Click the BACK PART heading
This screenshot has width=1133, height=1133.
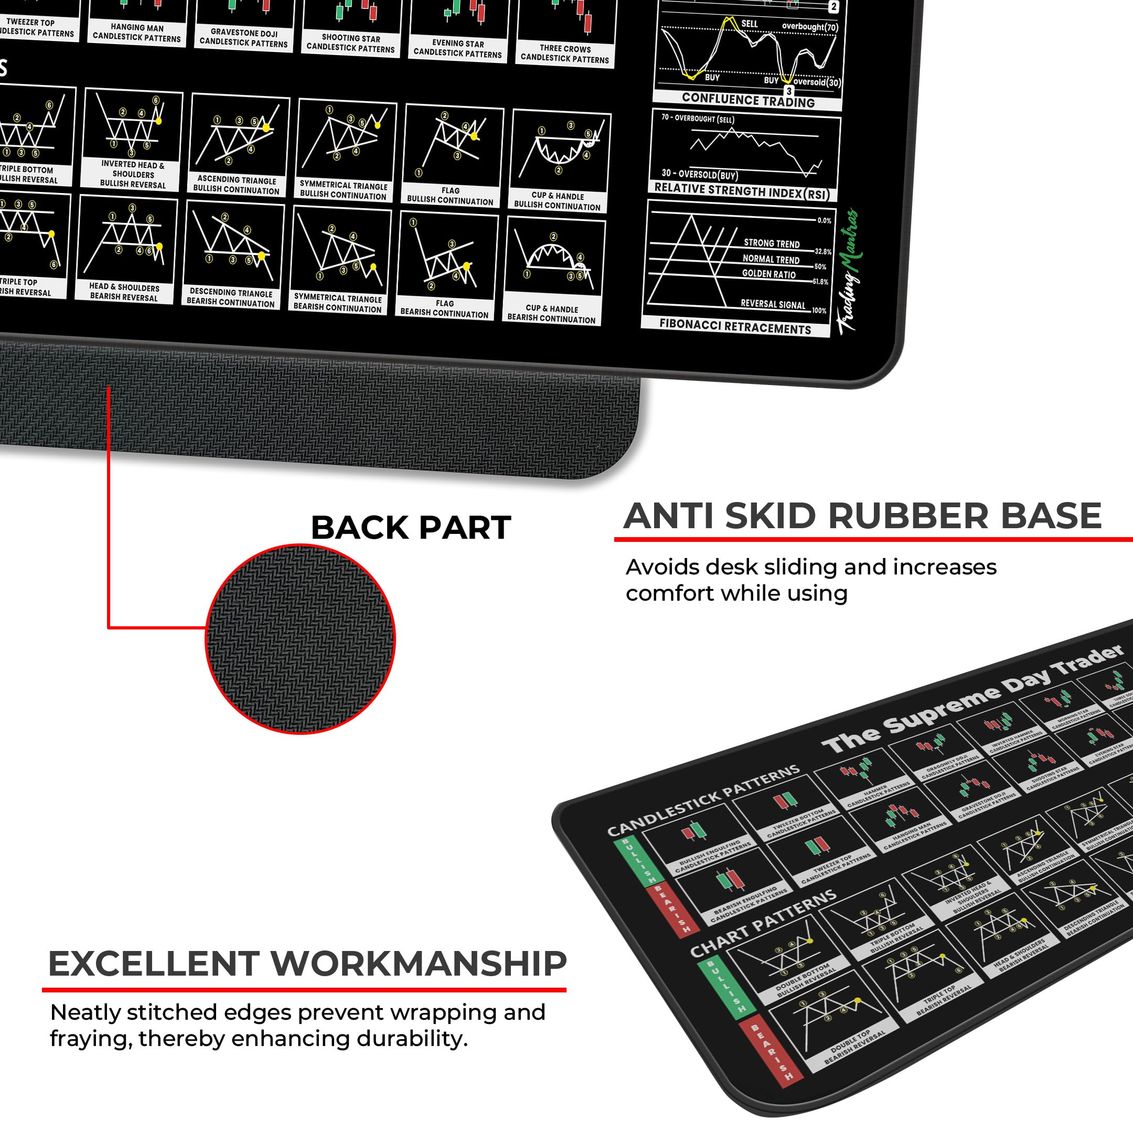point(411,527)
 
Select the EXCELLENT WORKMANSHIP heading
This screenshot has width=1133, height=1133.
point(307,964)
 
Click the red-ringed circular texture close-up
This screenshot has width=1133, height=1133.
point(300,639)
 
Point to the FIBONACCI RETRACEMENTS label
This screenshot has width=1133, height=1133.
point(735,326)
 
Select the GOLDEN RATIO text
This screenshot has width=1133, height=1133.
point(768,274)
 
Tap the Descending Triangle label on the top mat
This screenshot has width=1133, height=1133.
point(230,297)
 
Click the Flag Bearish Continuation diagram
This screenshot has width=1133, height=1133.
point(447,259)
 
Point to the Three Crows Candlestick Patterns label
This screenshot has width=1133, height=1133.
point(565,54)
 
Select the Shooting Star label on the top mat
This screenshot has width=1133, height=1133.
point(351,43)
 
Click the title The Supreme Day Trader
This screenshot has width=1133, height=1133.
point(974,698)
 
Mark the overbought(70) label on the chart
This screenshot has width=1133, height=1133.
point(810,27)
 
